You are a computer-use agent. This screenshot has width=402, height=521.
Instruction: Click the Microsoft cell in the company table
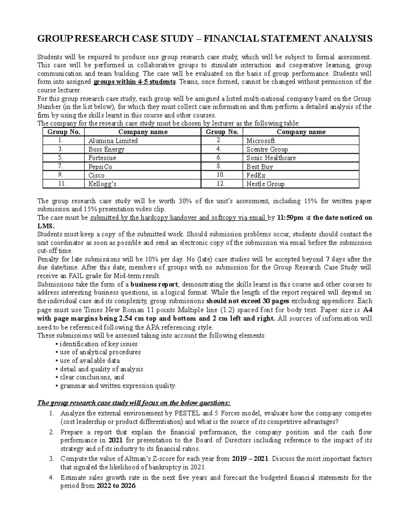click(261, 141)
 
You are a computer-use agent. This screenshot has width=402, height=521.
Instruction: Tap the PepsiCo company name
click(100, 167)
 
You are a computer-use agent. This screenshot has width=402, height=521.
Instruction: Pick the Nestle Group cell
click(265, 184)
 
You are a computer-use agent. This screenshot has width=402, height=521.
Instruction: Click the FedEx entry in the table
click(256, 175)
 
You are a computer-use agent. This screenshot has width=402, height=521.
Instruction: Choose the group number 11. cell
click(62, 184)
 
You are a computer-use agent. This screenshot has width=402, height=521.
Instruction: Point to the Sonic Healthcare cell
click(271, 158)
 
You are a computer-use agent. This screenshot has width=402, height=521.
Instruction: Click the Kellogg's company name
click(103, 184)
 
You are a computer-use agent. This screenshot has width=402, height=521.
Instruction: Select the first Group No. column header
click(64, 132)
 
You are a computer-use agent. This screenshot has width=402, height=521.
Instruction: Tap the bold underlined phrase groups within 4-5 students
click(134, 82)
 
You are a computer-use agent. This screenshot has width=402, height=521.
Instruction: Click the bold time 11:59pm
click(290, 218)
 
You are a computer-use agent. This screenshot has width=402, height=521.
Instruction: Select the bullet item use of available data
click(89, 361)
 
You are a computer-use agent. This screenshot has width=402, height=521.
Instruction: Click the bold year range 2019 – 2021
click(250, 459)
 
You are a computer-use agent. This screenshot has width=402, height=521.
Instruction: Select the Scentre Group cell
click(267, 149)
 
